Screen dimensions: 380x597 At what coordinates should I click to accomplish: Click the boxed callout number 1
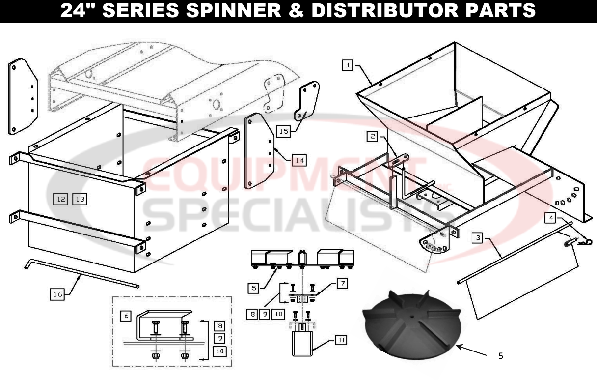click(x=348, y=65)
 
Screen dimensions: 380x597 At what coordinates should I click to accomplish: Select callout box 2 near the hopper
click(x=373, y=137)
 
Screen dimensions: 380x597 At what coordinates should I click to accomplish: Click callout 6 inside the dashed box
click(x=126, y=316)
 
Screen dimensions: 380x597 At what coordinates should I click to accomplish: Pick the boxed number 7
click(x=341, y=283)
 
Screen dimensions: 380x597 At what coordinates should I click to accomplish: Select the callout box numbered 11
click(x=341, y=339)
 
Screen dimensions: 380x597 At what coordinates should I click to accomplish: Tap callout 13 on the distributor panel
click(x=80, y=199)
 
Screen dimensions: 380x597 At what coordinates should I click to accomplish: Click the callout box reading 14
click(x=300, y=160)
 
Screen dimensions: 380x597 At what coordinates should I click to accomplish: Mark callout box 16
click(x=57, y=294)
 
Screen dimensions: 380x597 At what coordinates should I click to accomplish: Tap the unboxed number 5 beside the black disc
click(x=500, y=356)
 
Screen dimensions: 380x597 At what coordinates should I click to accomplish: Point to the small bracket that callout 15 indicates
click(x=307, y=101)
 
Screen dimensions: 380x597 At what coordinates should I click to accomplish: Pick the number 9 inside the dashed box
click(x=220, y=338)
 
